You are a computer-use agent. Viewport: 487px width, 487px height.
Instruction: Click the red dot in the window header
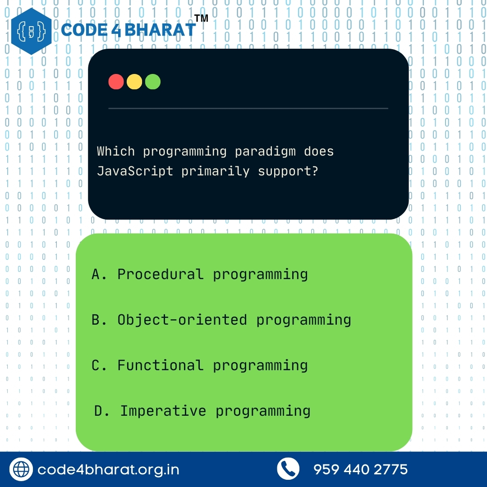click(116, 82)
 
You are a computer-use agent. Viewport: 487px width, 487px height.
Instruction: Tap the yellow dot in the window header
click(134, 82)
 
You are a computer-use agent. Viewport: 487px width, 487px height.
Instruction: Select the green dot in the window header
click(153, 82)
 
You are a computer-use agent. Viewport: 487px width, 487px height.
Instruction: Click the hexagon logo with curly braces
click(31, 31)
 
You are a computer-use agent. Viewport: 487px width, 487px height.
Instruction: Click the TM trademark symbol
click(201, 18)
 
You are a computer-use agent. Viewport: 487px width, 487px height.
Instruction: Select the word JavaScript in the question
click(135, 171)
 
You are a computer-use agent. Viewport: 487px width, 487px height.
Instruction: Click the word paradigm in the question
click(265, 151)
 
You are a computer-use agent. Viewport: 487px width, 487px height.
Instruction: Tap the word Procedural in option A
click(160, 274)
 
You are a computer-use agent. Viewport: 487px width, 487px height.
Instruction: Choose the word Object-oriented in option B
click(182, 320)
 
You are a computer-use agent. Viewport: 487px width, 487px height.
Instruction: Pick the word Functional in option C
click(160, 365)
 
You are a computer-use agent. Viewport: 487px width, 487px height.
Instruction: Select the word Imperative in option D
click(163, 411)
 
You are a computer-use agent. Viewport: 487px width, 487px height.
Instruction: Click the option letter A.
click(96, 274)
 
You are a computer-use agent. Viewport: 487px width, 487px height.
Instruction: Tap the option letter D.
click(99, 411)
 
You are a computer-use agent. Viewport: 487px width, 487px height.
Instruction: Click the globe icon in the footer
click(21, 469)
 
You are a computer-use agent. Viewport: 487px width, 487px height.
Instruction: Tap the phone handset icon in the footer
click(288, 469)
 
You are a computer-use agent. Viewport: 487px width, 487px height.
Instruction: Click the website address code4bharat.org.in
click(108, 469)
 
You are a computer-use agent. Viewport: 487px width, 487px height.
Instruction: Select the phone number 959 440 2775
click(360, 469)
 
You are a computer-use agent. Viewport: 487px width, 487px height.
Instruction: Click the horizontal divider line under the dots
click(248, 108)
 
